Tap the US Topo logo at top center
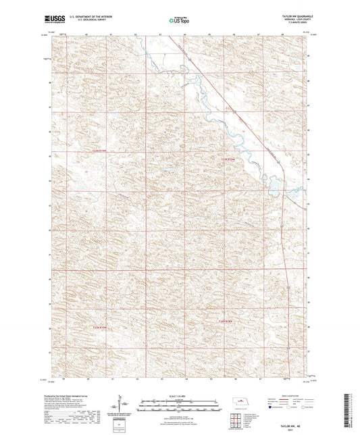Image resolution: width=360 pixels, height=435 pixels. [180, 20]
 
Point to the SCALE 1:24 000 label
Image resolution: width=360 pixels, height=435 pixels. [180, 395]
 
